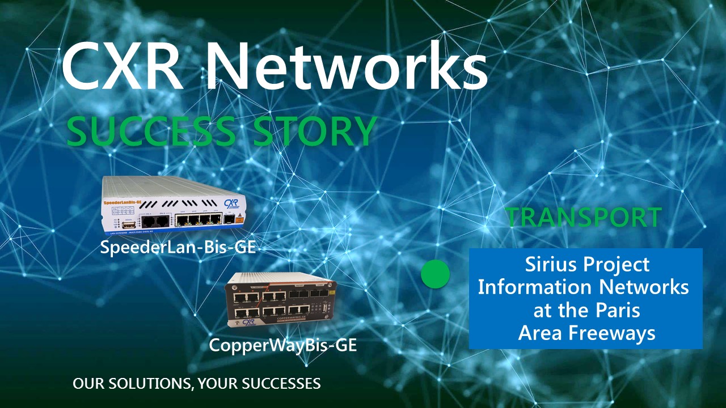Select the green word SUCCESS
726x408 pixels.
pos(151,132)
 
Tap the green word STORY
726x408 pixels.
pos(315,132)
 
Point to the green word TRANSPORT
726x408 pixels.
pos(584,217)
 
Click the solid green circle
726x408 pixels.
pos(435,274)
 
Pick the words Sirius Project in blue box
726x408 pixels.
pos(587,265)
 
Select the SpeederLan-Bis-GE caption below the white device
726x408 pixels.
pos(178,248)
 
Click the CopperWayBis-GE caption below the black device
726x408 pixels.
pos(283,345)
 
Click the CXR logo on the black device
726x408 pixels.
pos(249,322)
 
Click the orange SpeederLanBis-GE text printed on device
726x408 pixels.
pos(122,202)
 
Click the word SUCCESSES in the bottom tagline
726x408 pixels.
pos(281,384)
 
